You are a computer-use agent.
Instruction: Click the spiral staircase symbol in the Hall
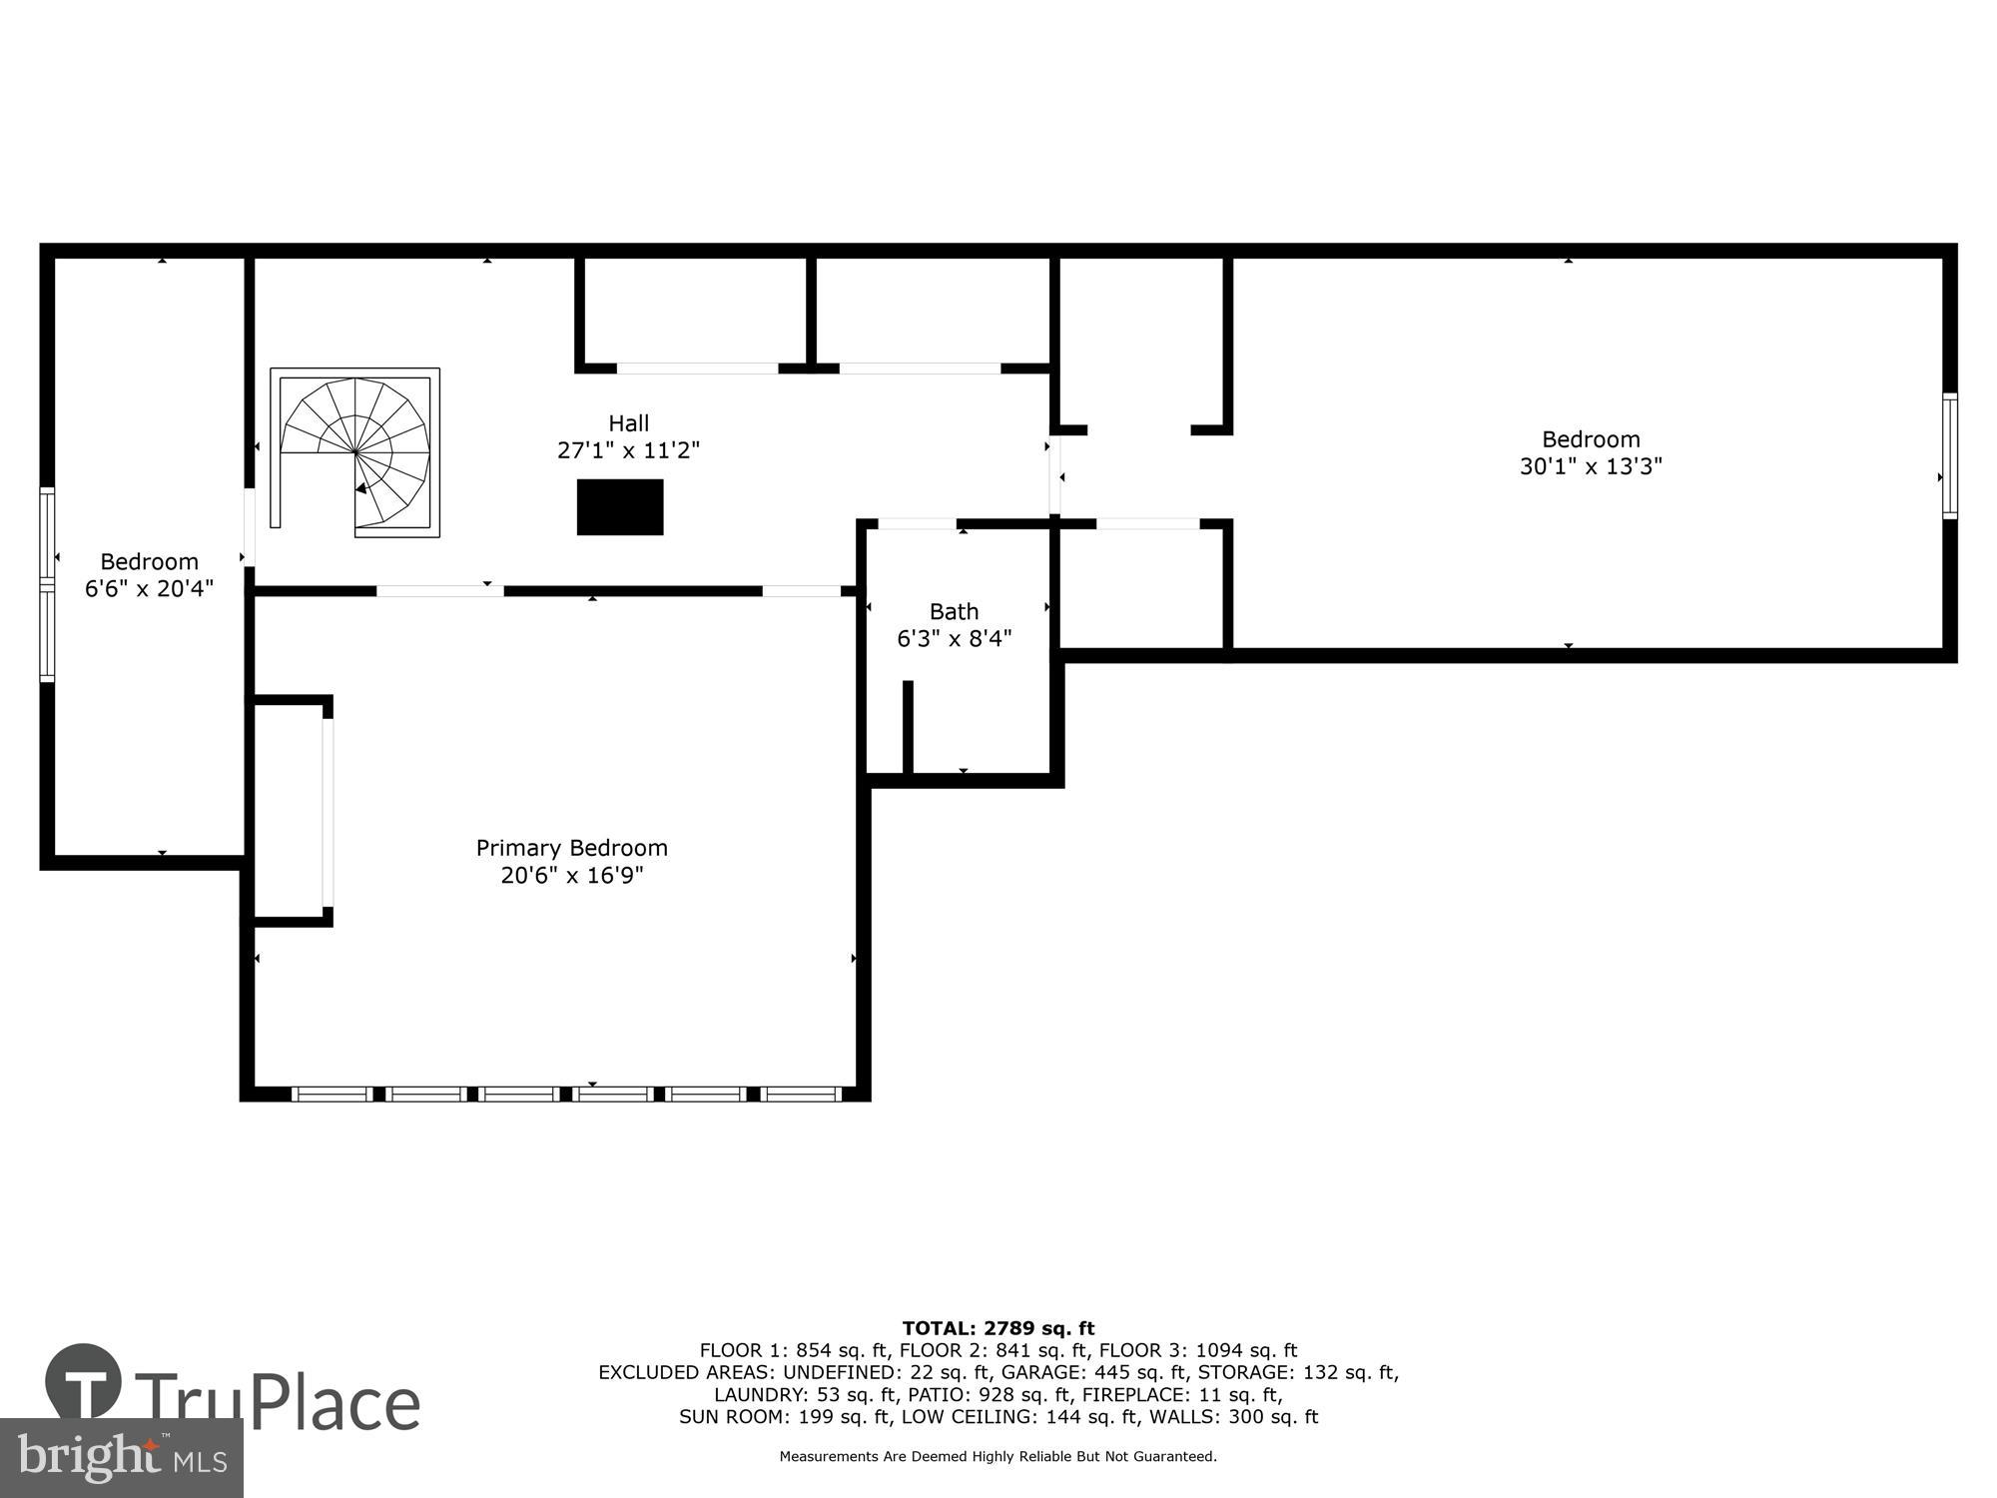tap(355, 451)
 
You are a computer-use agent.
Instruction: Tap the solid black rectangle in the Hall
tap(620, 507)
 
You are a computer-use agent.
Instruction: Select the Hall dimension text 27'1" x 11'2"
tap(628, 450)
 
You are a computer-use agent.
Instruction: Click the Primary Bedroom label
tap(571, 848)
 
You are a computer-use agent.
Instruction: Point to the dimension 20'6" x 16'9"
tap(571, 876)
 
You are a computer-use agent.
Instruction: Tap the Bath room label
tap(954, 611)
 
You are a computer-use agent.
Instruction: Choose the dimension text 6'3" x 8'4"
tap(954, 639)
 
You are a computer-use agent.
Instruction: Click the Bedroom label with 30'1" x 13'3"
tap(1591, 439)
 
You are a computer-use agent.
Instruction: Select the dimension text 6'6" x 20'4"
tap(149, 589)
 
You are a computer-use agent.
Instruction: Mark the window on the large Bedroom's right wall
tap(1949, 455)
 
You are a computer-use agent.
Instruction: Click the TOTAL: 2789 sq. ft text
tap(998, 1328)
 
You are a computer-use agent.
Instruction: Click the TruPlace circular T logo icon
tap(84, 1382)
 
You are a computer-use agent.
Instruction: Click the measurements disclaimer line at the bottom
tap(998, 1457)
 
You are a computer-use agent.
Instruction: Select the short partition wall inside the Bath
tap(908, 727)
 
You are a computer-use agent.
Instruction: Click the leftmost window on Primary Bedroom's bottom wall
tap(333, 1095)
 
